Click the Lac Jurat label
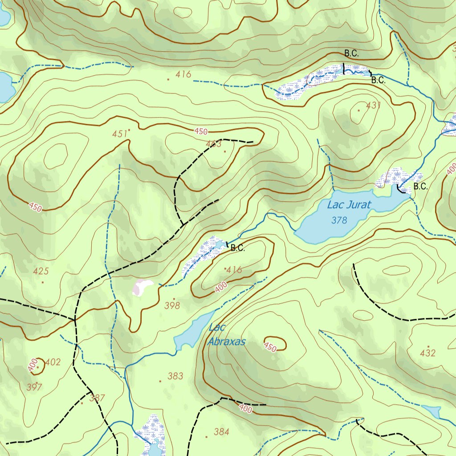[349, 205]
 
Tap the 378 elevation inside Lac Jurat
[339, 220]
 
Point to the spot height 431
[373, 106]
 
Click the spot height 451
[119, 134]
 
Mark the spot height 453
[214, 144]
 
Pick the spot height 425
[41, 271]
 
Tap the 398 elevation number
[172, 305]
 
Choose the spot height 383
[175, 376]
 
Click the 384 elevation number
[221, 432]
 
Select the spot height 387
[97, 398]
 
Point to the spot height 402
[53, 362]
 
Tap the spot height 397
[34, 387]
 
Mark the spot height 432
[427, 353]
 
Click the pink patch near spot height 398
[142, 287]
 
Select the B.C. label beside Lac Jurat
[420, 187]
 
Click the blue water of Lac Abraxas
[191, 332]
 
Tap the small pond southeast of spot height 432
[431, 411]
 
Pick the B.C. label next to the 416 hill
[238, 248]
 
